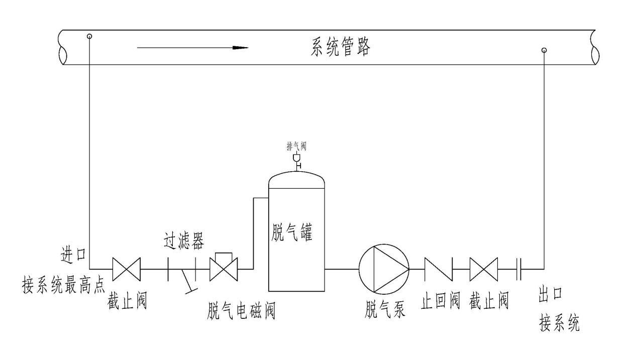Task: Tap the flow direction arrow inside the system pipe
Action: pos(193,48)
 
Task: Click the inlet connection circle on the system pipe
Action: pos(89,36)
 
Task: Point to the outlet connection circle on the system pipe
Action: pos(544,50)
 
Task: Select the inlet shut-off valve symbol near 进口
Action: pos(126,269)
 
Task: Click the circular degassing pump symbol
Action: pos(384,269)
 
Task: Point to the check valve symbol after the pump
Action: pos(439,269)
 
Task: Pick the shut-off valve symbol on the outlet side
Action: pos(483,269)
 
